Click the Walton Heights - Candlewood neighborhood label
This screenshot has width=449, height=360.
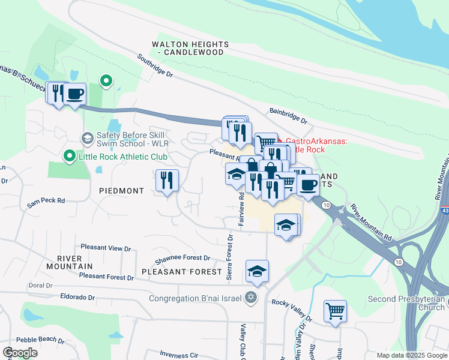point(190,49)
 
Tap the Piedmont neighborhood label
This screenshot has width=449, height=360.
point(122,191)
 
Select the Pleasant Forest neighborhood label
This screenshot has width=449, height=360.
point(182,272)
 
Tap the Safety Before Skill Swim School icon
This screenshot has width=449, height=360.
point(87,139)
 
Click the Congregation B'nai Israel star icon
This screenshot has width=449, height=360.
point(252,298)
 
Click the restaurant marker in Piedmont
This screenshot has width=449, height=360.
point(166,181)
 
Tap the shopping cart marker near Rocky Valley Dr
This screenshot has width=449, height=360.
point(335,311)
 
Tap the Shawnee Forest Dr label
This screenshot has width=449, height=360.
point(182,259)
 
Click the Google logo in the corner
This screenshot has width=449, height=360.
point(20,352)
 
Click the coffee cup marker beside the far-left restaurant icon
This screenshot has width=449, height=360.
point(75,94)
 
